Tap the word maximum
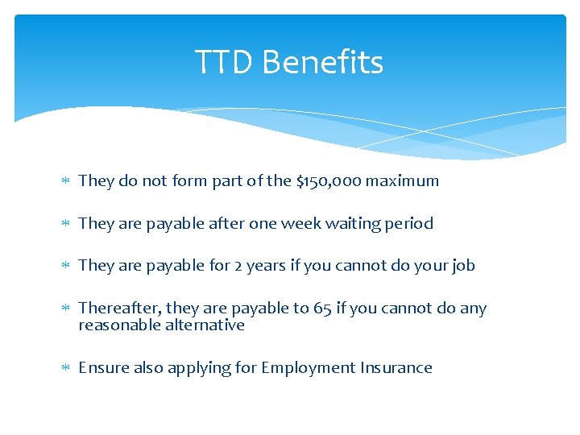tap(402, 180)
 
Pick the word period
tap(409, 223)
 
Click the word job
tap(462, 266)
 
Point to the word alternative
tap(205, 325)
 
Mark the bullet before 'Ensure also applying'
tap(64, 368)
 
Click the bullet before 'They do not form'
tap(64, 181)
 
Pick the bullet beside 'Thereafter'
tap(64, 309)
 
